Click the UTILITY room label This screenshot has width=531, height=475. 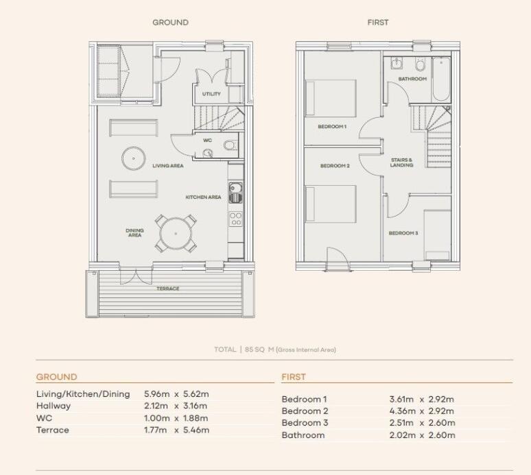click(x=211, y=94)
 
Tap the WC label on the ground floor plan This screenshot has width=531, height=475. click(x=208, y=141)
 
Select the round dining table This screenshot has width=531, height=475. click(x=176, y=234)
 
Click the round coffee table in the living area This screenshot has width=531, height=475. click(x=133, y=158)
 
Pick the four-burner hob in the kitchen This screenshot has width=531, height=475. click(x=235, y=219)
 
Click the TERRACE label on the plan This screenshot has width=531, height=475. click(x=167, y=289)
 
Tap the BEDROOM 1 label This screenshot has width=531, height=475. click(x=332, y=127)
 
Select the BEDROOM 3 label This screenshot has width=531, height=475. click(x=403, y=233)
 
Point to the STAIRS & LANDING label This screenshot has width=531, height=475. click(x=402, y=162)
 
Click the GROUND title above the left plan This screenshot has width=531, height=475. click(x=170, y=23)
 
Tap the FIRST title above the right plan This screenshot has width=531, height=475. click(x=377, y=23)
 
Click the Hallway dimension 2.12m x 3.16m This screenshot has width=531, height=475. click(x=176, y=406)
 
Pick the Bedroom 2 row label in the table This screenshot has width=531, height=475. click(x=305, y=411)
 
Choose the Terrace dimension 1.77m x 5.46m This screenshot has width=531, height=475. click(x=176, y=430)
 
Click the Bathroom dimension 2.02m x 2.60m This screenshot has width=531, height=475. click(x=421, y=435)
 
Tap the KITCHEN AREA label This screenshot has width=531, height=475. click(x=203, y=197)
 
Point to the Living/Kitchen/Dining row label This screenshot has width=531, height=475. click(x=83, y=394)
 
